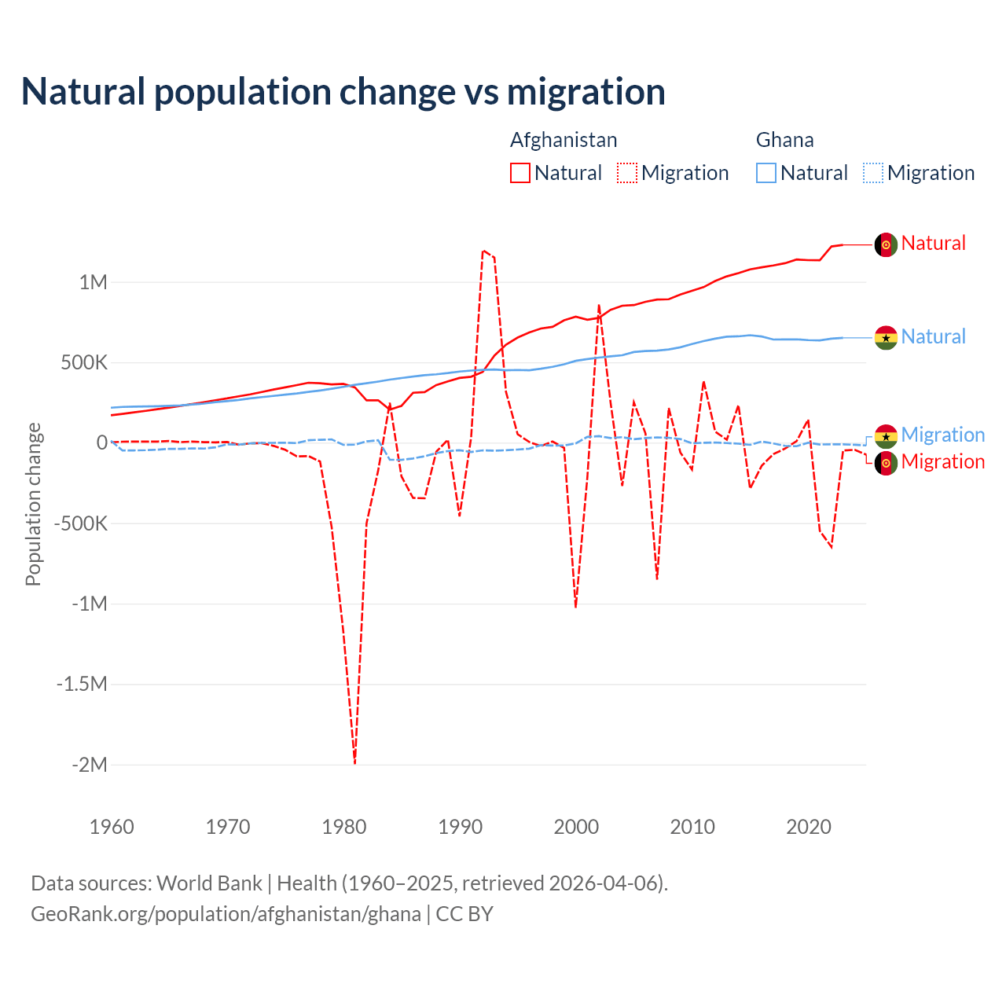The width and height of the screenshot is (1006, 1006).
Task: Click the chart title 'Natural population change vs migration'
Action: coord(343,92)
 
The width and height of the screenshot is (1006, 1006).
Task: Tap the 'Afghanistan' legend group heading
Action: coord(564,140)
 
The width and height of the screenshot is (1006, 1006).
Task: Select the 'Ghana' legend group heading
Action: coord(784,140)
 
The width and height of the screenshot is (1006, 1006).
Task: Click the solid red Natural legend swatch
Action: coord(520,173)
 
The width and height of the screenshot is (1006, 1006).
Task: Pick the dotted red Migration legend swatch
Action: coord(627,173)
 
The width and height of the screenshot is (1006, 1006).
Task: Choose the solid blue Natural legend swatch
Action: coord(766,173)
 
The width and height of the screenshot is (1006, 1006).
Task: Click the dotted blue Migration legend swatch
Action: coord(873,173)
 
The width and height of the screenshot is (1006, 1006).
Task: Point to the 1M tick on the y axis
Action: coord(93,282)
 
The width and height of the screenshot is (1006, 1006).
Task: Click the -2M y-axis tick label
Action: coord(89,765)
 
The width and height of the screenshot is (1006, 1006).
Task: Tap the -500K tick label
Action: coord(80,523)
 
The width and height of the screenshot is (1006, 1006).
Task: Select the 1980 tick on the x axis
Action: coord(344,827)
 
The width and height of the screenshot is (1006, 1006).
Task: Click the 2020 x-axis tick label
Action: coord(809,827)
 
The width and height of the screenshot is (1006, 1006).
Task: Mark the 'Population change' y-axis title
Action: coord(33,504)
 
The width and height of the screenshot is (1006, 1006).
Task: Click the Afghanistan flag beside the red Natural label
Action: coord(886,244)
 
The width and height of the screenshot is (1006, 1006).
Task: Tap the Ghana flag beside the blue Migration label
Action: coord(886,435)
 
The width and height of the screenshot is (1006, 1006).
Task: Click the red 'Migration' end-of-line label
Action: coord(942,462)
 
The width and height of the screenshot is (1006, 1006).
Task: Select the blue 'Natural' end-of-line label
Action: coord(933,337)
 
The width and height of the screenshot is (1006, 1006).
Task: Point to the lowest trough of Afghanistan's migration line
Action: coord(354,762)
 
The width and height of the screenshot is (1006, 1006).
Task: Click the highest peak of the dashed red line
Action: coord(483,251)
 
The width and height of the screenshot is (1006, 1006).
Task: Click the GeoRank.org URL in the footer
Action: coord(226,914)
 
